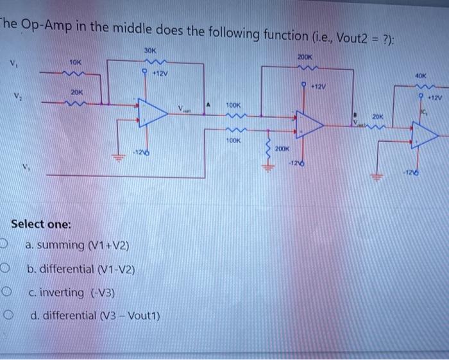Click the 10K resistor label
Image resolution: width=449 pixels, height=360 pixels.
75,62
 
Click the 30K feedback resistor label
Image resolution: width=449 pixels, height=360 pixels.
151,50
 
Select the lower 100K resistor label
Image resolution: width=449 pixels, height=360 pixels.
233,139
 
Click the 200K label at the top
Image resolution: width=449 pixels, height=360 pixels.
303,58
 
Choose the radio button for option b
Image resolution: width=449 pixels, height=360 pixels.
6,269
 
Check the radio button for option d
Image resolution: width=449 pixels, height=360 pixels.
6,316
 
